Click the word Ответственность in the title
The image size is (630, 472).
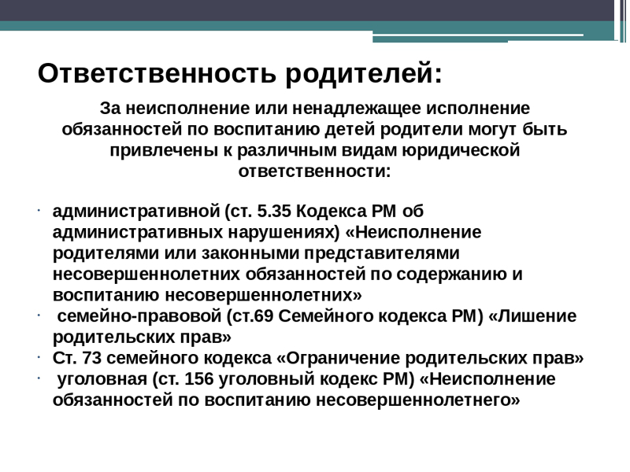click(157, 73)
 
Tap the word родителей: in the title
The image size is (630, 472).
click(364, 74)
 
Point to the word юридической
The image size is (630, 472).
click(461, 151)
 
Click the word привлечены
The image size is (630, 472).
click(164, 151)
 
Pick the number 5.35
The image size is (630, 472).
click(274, 212)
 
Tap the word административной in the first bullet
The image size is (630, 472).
click(136, 212)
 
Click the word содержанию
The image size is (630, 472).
click(451, 275)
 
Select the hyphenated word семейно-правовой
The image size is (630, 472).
click(139, 317)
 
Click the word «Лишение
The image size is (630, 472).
click(532, 317)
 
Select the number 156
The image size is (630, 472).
click(199, 379)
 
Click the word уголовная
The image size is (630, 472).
click(102, 380)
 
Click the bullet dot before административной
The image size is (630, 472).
click(39, 210)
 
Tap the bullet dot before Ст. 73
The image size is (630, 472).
click(39, 356)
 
